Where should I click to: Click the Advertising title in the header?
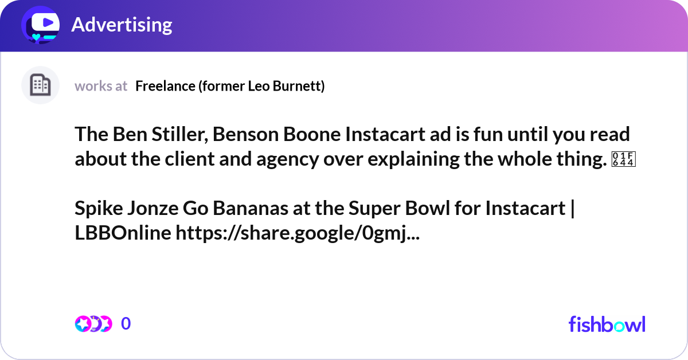point(122,25)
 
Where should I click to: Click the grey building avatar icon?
point(40,85)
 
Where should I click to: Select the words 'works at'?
point(101,86)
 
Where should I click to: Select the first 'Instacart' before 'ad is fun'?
point(375,134)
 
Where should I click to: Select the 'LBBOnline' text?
point(122,233)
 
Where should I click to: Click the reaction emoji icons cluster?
point(93,324)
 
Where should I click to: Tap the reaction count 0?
point(126,324)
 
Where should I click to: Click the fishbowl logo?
point(607,324)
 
